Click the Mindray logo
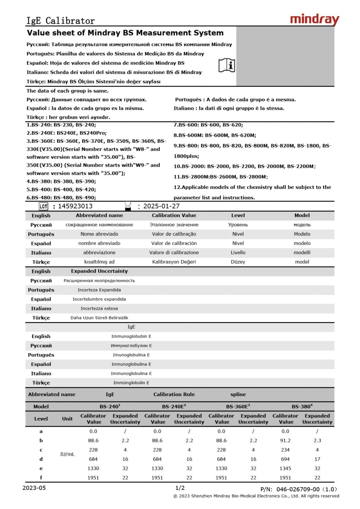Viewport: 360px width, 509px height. click(x=314, y=19)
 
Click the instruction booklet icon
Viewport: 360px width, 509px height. click(x=227, y=65)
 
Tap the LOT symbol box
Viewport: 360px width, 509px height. click(x=43, y=206)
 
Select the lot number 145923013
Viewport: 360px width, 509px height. click(x=75, y=206)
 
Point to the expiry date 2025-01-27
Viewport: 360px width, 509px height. click(x=161, y=206)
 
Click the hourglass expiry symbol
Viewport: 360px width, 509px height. click(x=128, y=205)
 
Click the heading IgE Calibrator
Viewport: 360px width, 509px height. click(x=60, y=21)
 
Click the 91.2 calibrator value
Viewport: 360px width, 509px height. click(x=286, y=441)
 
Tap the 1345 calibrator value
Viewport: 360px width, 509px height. click(x=286, y=468)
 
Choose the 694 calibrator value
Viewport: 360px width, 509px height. click(x=286, y=459)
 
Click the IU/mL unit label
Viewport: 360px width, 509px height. click(x=67, y=454)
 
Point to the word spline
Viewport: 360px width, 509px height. click(x=238, y=394)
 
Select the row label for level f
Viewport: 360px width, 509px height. click(x=41, y=478)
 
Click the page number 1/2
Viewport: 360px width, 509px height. click(x=180, y=488)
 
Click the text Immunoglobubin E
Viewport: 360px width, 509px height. click(x=131, y=336)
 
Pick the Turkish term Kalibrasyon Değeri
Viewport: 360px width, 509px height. click(x=174, y=262)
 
